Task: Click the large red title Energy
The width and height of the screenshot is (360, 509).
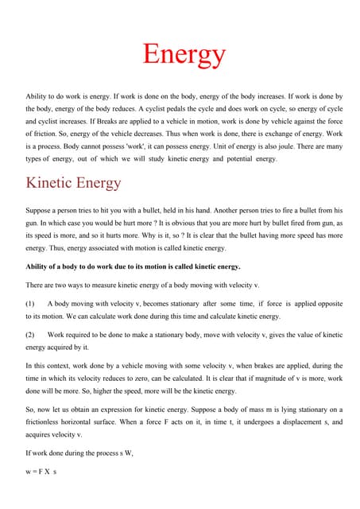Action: [184, 54]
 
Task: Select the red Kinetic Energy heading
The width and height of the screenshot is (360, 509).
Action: [74, 183]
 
